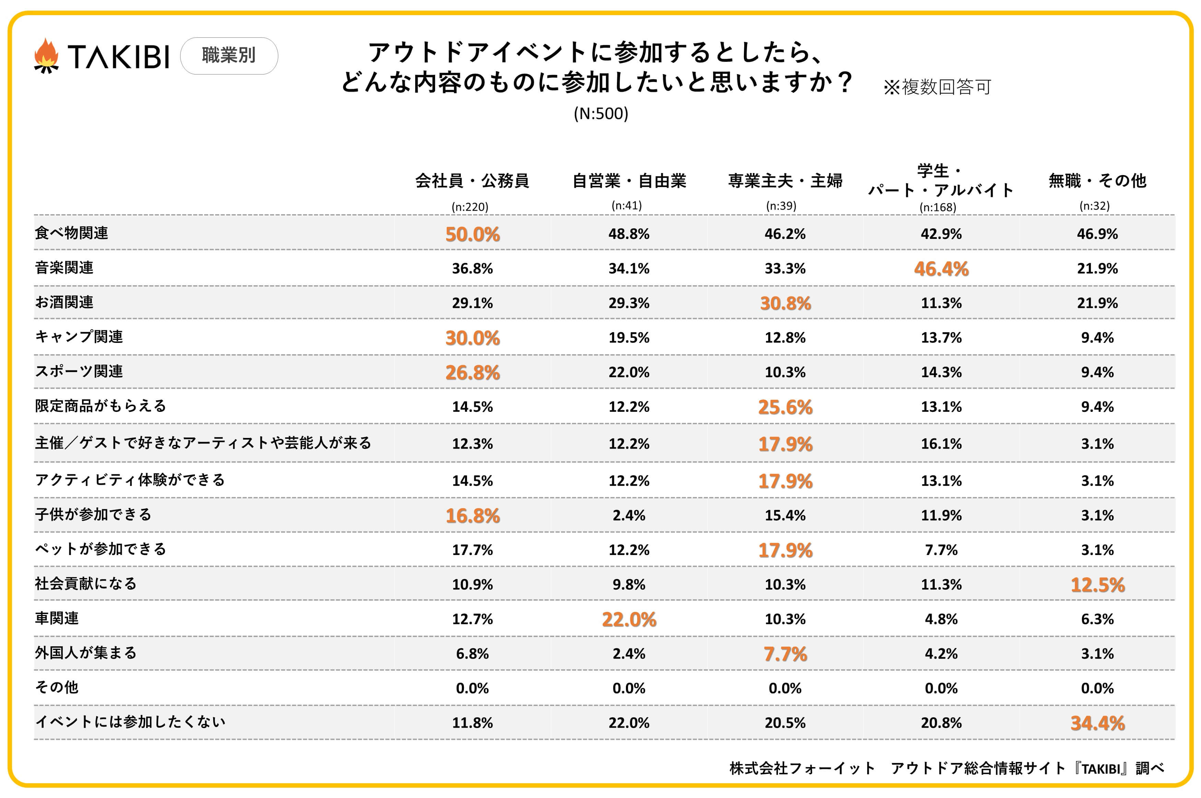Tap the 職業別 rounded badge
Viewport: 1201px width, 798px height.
pyautogui.click(x=229, y=56)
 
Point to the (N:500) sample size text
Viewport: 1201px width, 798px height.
pyautogui.click(x=601, y=114)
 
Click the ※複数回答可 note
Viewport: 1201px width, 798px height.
pyautogui.click(x=937, y=87)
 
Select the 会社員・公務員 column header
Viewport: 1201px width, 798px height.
pyautogui.click(x=472, y=181)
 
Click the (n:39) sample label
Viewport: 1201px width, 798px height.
pyautogui.click(x=781, y=206)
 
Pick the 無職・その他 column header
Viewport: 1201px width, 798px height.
pyautogui.click(x=1097, y=181)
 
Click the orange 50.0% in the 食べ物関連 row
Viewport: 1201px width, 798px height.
pyautogui.click(x=472, y=234)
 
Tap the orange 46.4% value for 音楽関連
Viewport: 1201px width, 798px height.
pyautogui.click(x=941, y=269)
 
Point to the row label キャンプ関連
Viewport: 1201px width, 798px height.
pyautogui.click(x=79, y=337)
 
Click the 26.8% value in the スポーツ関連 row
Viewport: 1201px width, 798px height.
pyautogui.click(x=472, y=372)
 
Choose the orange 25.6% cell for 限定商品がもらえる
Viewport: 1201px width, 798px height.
pyautogui.click(x=785, y=407)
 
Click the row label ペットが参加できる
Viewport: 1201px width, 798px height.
pyautogui.click(x=100, y=549)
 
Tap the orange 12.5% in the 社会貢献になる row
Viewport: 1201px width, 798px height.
pyautogui.click(x=1097, y=585)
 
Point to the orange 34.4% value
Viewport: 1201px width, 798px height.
pyautogui.click(x=1097, y=723)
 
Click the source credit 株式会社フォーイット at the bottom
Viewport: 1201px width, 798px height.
pyautogui.click(x=802, y=768)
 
